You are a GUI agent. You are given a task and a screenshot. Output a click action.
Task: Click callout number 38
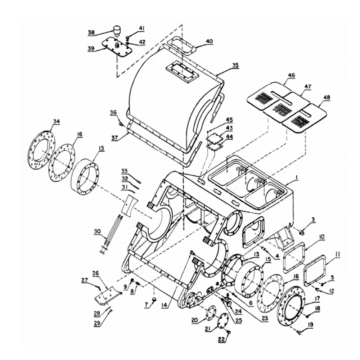[91, 33]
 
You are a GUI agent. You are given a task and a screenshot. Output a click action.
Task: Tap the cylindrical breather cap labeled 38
[117, 30]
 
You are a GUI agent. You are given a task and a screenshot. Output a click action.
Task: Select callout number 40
[209, 41]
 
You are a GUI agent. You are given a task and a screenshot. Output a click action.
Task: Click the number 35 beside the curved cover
[235, 65]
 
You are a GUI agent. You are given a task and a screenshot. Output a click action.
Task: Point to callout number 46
[291, 75]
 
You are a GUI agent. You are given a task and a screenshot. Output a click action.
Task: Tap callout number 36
[113, 112]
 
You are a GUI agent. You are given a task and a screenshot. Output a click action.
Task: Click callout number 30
[97, 231]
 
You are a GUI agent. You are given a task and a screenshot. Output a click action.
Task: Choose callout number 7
[146, 305]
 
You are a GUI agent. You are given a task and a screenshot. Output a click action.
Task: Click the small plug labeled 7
[155, 299]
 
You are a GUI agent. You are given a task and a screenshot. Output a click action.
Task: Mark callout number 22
[221, 339]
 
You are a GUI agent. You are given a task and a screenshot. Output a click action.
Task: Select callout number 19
[310, 325]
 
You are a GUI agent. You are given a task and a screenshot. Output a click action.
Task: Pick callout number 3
[313, 220]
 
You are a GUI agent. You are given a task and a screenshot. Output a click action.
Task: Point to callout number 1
[297, 177]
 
